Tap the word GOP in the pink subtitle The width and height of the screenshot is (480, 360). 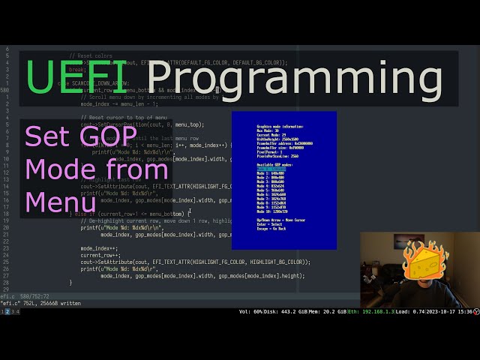tap(112, 138)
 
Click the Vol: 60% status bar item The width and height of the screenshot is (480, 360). tap(251, 311)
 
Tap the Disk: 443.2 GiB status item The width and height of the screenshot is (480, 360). tap(283, 311)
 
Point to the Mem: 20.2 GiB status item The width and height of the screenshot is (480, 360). tap(328, 311)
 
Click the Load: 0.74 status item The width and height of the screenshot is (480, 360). tap(409, 311)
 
